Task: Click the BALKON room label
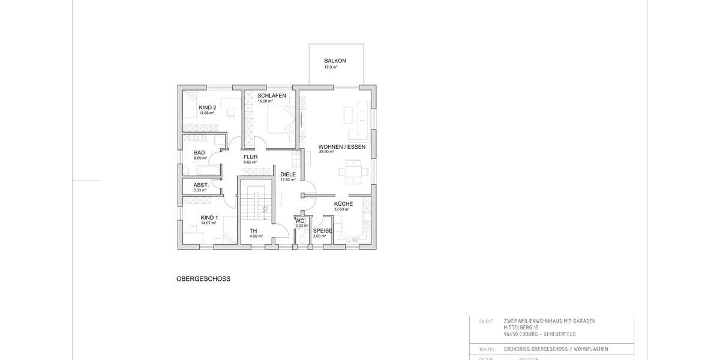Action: (x=335, y=61)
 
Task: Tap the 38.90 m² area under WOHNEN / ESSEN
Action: (x=326, y=152)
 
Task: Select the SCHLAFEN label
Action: (x=271, y=96)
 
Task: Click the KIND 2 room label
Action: (x=208, y=108)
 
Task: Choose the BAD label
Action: (x=199, y=153)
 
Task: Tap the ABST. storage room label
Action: (x=201, y=185)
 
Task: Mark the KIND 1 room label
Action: (x=209, y=218)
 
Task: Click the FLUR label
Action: (x=250, y=157)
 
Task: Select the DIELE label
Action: (x=288, y=175)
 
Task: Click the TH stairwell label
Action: (x=253, y=231)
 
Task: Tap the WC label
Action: (x=300, y=221)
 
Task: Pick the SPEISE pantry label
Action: (x=322, y=231)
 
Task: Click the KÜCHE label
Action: (x=343, y=204)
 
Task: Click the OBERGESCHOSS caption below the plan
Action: (x=203, y=279)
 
